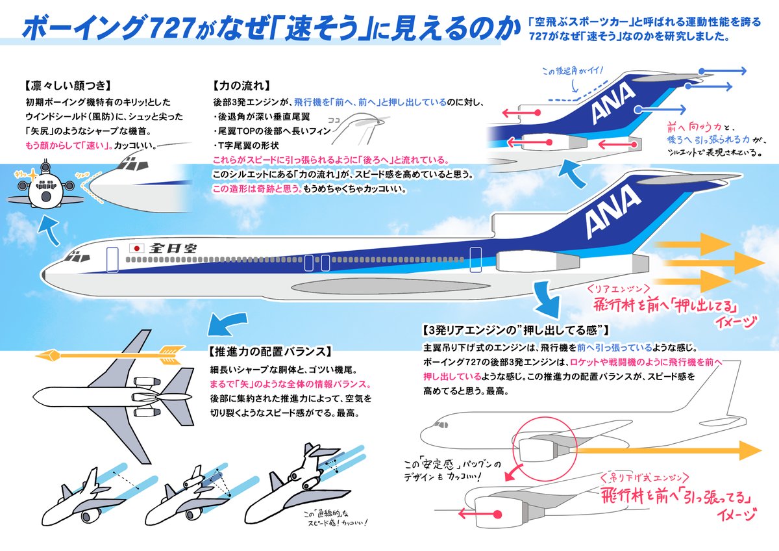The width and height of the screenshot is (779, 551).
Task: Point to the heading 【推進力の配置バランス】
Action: (271, 352)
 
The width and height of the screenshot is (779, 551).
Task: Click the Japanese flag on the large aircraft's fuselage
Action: (137, 248)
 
